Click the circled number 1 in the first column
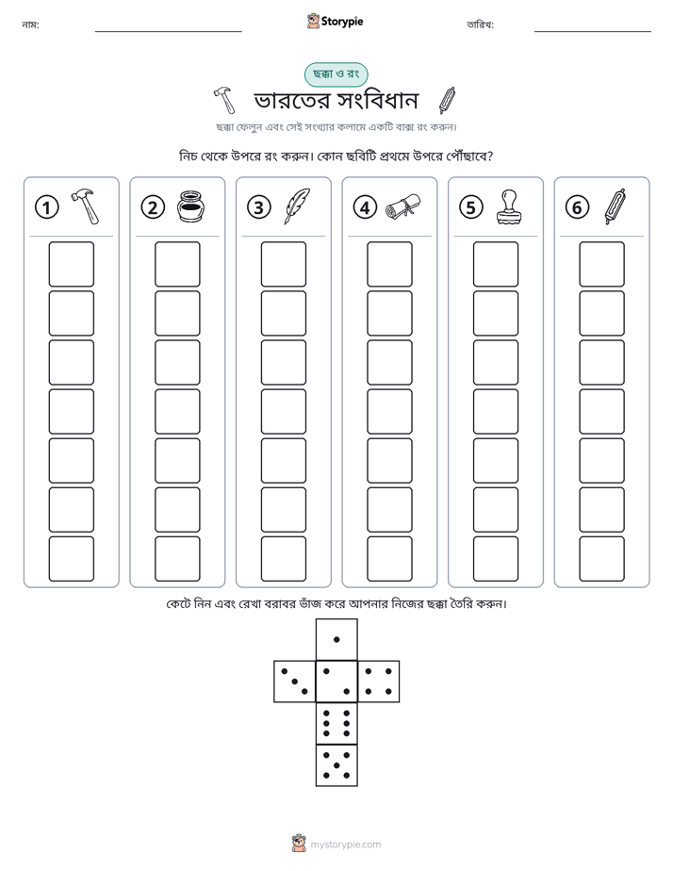pos(46,207)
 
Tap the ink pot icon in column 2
pos(191,206)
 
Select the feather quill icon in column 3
pos(297,206)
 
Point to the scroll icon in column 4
pos(403,206)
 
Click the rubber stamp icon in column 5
pos(509,207)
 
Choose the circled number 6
pos(577,207)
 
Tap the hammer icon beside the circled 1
pos(86,206)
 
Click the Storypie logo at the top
pos(335,21)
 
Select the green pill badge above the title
pos(336,74)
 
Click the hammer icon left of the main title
pos(225,100)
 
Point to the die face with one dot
pos(336,639)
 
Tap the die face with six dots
pos(336,723)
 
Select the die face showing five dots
pos(336,765)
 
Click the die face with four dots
pos(379,681)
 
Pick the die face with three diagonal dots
pos(295,681)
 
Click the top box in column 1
pos(71,264)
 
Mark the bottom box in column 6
pos(601,558)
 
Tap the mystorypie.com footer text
pos(345,845)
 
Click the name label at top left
pos(30,25)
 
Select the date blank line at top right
pos(593,31)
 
